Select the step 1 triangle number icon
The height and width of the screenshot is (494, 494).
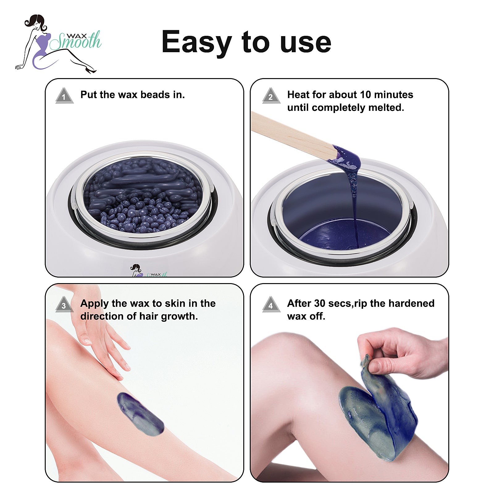click(64, 95)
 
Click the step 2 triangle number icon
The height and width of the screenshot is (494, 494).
click(271, 95)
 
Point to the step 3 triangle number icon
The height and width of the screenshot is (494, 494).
click(64, 304)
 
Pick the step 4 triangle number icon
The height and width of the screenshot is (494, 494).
click(271, 304)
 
